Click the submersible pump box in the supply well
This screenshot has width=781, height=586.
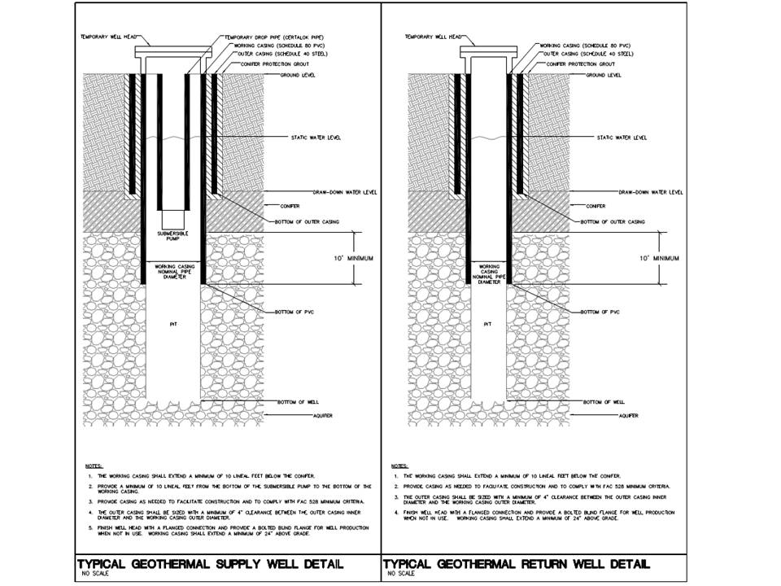172,219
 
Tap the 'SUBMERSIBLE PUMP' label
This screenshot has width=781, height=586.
172,236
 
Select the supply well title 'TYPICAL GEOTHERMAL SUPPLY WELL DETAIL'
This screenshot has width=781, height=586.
209,564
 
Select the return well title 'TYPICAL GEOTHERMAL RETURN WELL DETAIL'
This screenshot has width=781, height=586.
516,564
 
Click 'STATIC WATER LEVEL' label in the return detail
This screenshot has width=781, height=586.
623,138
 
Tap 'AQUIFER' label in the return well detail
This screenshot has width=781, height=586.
626,416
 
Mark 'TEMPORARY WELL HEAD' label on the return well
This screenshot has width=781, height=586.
430,37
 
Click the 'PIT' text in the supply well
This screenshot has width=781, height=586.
172,324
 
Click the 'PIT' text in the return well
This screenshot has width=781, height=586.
487,324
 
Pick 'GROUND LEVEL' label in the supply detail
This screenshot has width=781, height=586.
298,75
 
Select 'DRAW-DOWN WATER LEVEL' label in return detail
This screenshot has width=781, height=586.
651,193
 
